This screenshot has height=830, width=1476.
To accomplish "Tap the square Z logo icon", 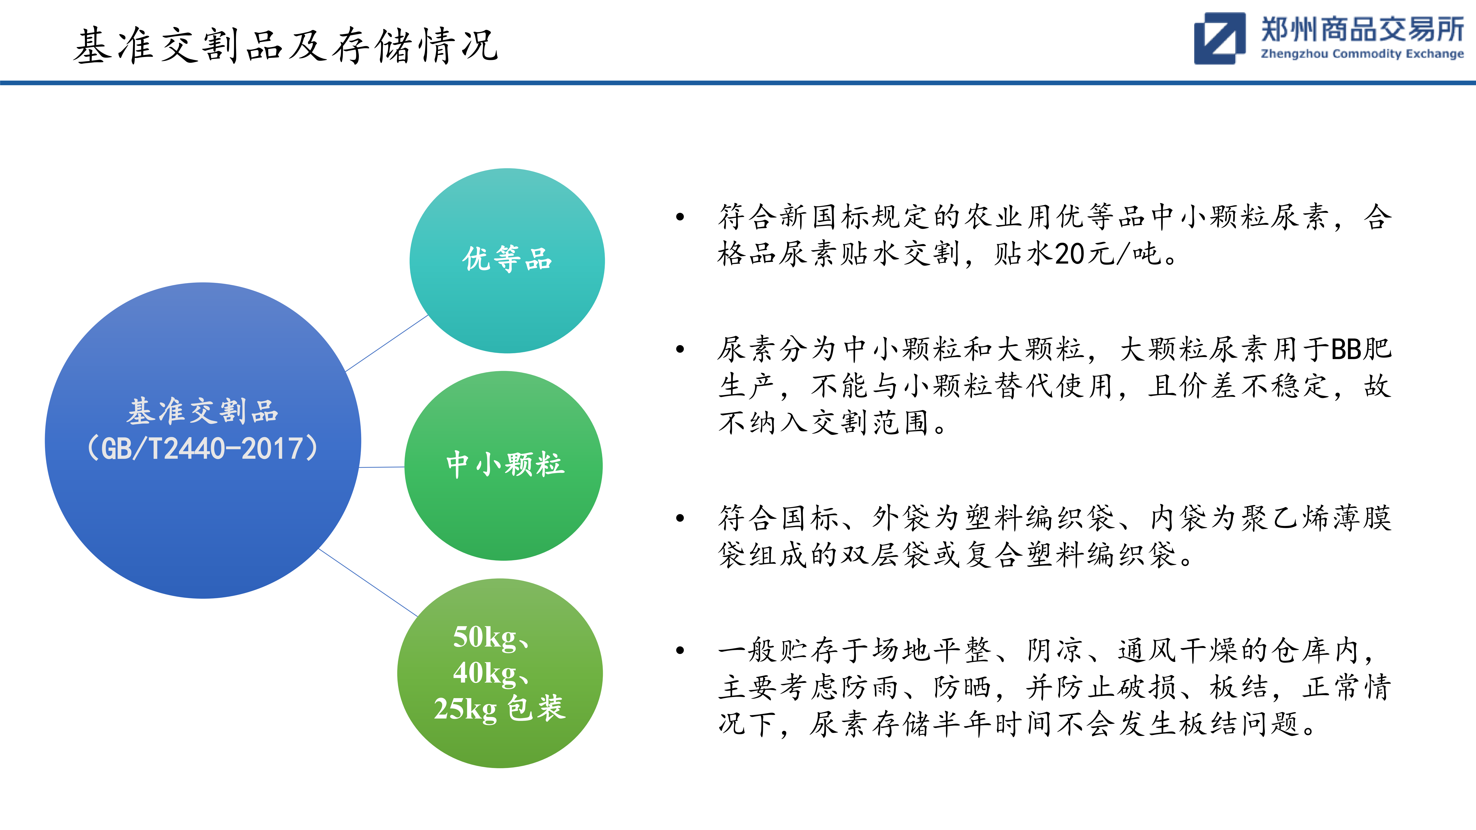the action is [x=1219, y=38].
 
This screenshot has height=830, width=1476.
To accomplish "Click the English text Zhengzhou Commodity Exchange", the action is [x=1362, y=54].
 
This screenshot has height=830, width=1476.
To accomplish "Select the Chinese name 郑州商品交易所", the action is [x=1362, y=29].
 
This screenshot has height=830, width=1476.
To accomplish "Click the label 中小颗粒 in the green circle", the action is [x=505, y=464].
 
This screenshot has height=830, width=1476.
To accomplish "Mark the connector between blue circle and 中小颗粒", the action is [x=382, y=467].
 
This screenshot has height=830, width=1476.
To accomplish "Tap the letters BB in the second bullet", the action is [x=1345, y=349].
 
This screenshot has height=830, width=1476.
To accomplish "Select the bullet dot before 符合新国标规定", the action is [x=680, y=216].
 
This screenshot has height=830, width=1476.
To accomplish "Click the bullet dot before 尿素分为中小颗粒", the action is [x=680, y=349].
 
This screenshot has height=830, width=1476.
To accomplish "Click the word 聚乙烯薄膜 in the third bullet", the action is [x=1316, y=518].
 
